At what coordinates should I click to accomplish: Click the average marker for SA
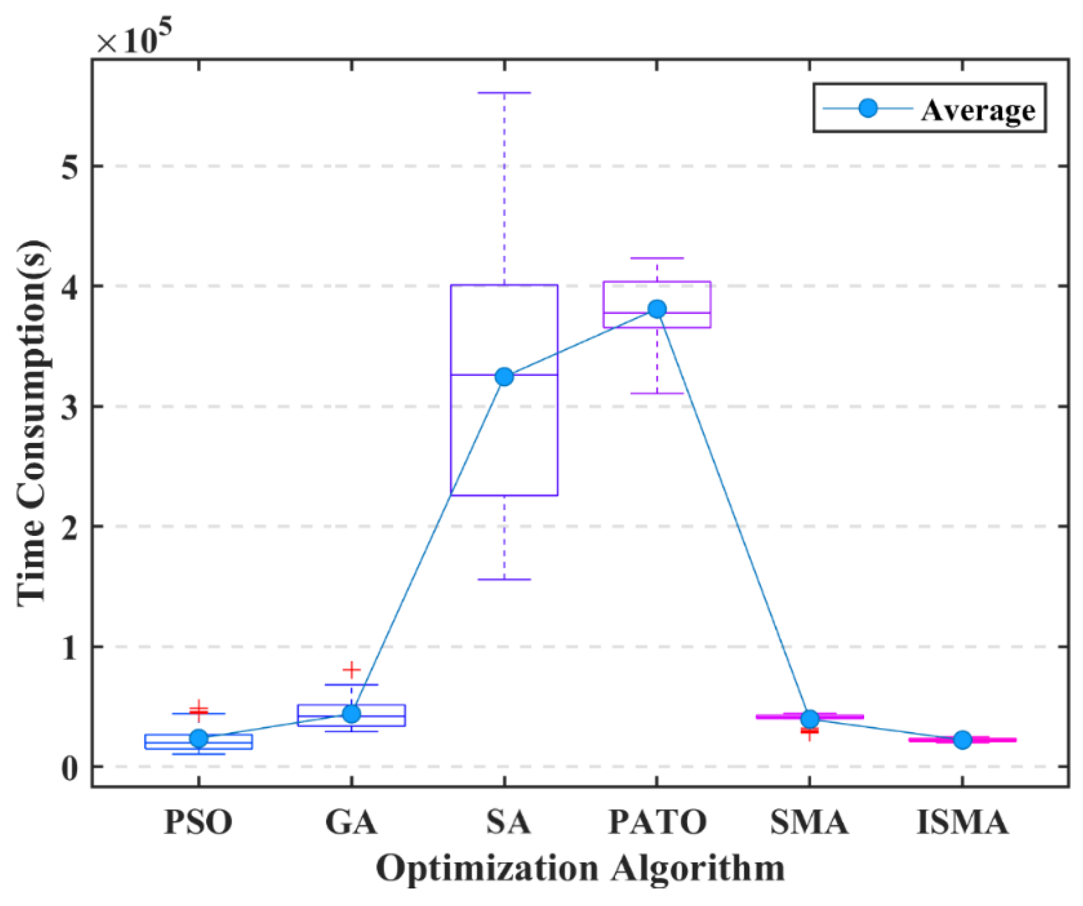504,377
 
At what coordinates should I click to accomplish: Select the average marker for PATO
657,309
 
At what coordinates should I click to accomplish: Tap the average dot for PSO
199,738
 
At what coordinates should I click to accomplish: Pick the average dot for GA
352,714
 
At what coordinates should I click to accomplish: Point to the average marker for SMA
810,719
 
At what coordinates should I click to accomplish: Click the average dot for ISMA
962,740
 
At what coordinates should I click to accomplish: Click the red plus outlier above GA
352,670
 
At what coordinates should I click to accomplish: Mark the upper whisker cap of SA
504,93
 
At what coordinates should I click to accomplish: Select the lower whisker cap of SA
504,580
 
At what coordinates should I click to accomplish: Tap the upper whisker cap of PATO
657,258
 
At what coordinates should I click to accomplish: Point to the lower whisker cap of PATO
657,393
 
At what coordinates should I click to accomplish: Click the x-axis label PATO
657,822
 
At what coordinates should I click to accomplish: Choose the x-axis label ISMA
962,822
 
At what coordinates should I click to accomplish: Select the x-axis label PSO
198,822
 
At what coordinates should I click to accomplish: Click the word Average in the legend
978,110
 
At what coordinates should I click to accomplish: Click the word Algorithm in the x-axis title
698,870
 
